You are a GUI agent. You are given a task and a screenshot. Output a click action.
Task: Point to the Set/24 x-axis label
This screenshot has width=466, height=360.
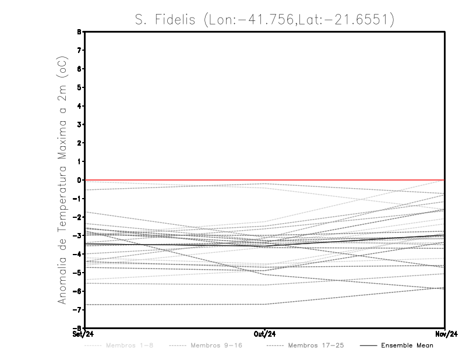[x=83, y=334]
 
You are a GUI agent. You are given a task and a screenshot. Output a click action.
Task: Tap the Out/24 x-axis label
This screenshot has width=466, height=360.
[x=264, y=334]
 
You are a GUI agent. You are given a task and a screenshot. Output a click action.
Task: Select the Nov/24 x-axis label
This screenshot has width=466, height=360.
[x=444, y=334]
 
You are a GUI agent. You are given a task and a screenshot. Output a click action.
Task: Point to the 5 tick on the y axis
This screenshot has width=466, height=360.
[x=80, y=87]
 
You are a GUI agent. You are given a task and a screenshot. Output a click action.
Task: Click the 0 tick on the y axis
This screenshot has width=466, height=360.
[x=80, y=180]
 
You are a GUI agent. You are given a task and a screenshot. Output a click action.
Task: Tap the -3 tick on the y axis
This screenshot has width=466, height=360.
[x=78, y=235]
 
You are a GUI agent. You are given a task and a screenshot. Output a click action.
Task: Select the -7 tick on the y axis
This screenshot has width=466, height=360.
[x=78, y=309]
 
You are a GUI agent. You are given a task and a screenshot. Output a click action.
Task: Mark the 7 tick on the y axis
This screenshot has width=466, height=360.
[x=80, y=50]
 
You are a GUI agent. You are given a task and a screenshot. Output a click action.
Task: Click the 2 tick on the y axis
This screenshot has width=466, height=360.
[x=80, y=143]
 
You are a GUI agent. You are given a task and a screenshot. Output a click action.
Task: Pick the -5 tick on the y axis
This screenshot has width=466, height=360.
[x=78, y=273]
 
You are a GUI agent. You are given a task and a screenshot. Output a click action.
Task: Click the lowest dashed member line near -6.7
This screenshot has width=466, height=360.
[x=175, y=305]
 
